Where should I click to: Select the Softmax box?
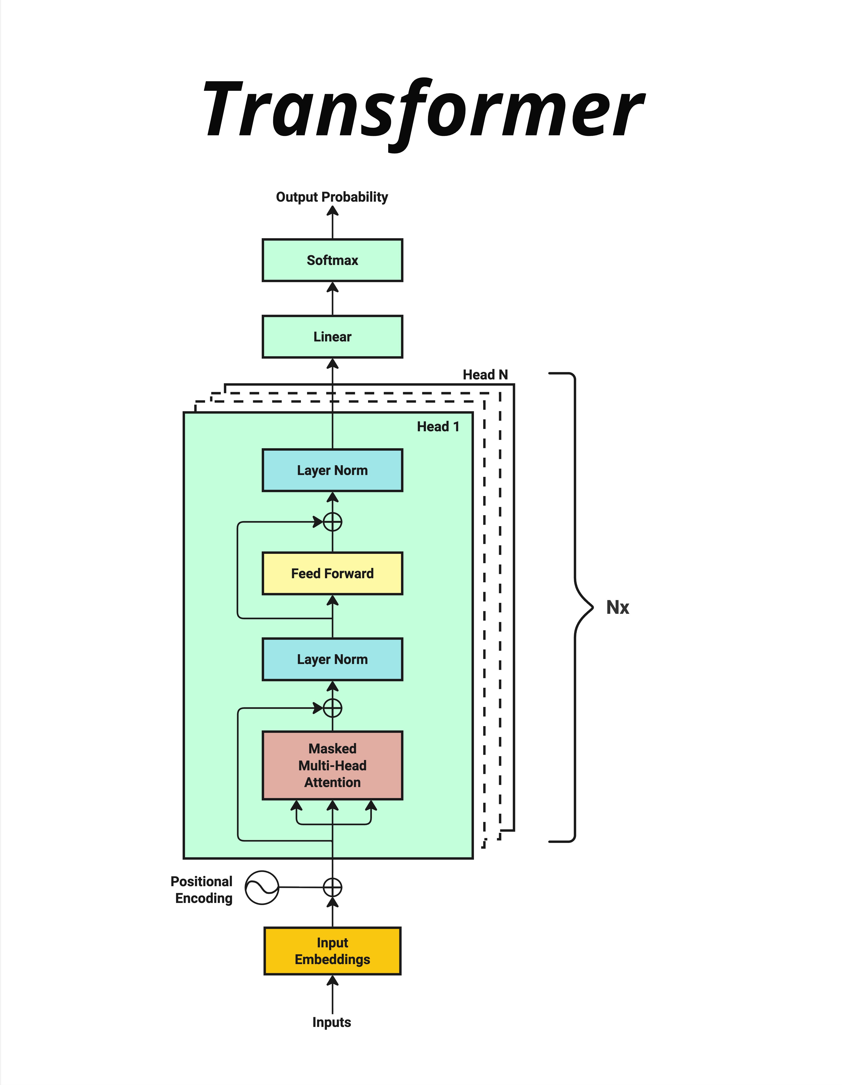click(x=332, y=260)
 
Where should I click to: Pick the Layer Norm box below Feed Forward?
click(x=332, y=659)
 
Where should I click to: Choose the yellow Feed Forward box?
click(x=332, y=573)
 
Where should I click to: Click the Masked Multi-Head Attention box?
click(x=332, y=765)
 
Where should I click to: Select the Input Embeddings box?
click(x=332, y=951)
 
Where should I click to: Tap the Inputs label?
click(x=331, y=1022)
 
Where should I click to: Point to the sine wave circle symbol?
click(x=262, y=887)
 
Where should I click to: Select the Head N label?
click(x=485, y=375)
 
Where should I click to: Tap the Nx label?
click(x=617, y=607)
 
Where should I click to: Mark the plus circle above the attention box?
click(x=332, y=708)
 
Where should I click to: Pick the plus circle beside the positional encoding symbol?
click(x=332, y=887)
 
